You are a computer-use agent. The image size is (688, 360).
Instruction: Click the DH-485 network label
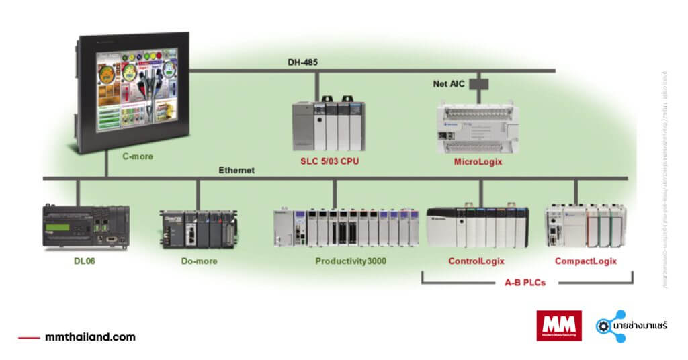pos(302,62)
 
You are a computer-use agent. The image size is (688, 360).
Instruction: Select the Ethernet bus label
pos(236,171)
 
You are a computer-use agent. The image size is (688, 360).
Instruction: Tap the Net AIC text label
pos(448,84)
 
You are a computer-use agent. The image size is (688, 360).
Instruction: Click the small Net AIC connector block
pos(478,85)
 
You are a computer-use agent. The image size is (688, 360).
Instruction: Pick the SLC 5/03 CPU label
pos(329,162)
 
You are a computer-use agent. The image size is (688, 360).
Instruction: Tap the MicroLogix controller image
pos(478,128)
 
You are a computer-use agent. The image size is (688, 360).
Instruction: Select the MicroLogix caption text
pos(478,162)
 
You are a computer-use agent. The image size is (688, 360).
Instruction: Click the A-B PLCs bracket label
pos(525,283)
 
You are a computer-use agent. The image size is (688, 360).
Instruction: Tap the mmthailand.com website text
pos(89,336)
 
